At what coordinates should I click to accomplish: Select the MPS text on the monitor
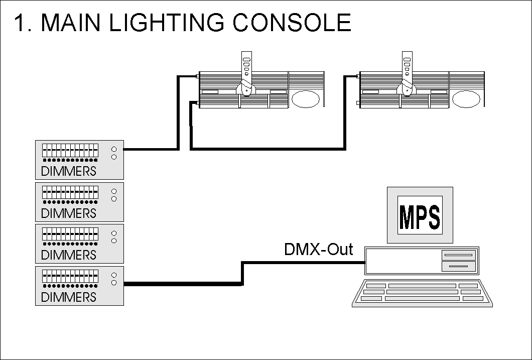(x=420, y=215)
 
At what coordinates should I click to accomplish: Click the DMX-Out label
(x=318, y=249)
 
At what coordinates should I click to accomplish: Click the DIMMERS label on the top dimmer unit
(x=68, y=171)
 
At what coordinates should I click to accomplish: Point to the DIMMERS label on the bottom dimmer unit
(x=68, y=297)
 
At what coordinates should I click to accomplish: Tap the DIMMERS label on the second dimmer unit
(x=68, y=213)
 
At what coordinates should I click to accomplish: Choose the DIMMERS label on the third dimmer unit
(x=68, y=255)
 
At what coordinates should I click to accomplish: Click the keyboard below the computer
(x=422, y=293)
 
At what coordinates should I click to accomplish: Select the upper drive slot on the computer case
(x=458, y=256)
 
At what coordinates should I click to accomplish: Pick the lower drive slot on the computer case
(x=458, y=265)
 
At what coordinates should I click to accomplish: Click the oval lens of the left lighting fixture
(x=305, y=99)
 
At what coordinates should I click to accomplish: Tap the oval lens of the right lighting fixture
(x=466, y=99)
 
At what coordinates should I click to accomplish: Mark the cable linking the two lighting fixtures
(x=266, y=149)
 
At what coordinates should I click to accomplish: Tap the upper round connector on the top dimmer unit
(x=114, y=149)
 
